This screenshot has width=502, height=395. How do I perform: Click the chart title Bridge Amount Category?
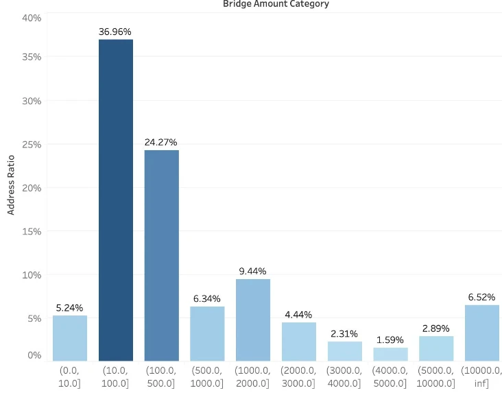click(x=276, y=4)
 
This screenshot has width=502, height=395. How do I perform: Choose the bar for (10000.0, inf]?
click(x=481, y=333)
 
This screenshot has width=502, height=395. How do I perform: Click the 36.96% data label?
click(x=115, y=32)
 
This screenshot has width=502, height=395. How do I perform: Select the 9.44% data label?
click(x=252, y=272)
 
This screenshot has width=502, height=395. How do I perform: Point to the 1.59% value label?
click(x=390, y=340)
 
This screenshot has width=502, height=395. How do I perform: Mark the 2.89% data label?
click(x=436, y=328)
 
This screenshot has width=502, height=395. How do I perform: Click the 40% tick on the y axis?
click(x=32, y=18)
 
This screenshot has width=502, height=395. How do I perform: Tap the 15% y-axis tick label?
click(x=32, y=231)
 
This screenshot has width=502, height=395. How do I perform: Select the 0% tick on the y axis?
click(x=35, y=355)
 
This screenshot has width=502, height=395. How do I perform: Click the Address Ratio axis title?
click(x=11, y=185)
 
